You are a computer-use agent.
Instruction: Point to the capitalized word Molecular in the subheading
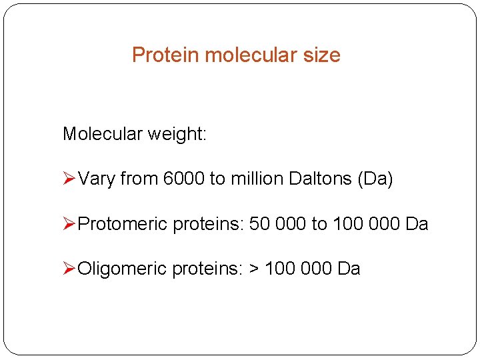(103, 134)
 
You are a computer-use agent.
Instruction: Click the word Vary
(96, 179)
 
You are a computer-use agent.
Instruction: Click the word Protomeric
(123, 224)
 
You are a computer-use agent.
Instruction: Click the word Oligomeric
(122, 269)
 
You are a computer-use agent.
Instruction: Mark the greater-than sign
(254, 269)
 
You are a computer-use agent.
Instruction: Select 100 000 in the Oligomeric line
(299, 269)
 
